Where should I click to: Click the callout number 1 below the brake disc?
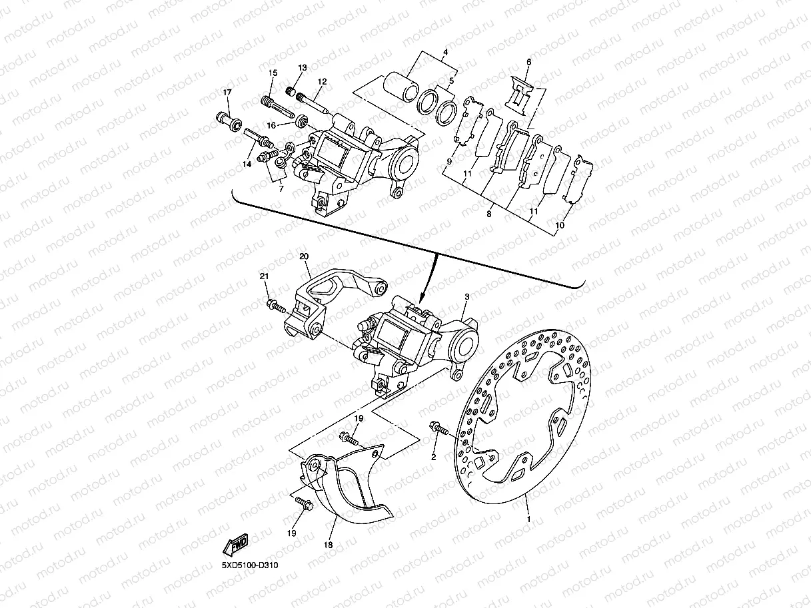[529, 518]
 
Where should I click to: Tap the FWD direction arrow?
[236, 545]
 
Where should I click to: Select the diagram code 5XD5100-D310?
[250, 566]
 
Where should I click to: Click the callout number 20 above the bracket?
[304, 256]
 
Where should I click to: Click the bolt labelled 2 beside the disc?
[439, 428]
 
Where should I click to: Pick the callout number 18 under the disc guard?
[328, 544]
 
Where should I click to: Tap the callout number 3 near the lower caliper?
[467, 296]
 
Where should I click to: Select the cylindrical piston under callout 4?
[403, 89]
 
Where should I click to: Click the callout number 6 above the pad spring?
[528, 63]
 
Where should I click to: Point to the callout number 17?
[227, 92]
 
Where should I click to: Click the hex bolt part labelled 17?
[228, 121]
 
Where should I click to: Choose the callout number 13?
[302, 68]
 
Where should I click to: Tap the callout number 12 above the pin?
[322, 82]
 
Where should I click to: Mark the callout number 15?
[273, 73]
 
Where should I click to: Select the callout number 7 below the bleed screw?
[281, 189]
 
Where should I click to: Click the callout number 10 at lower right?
[560, 226]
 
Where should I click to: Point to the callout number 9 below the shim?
[449, 161]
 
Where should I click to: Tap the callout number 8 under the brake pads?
[489, 214]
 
